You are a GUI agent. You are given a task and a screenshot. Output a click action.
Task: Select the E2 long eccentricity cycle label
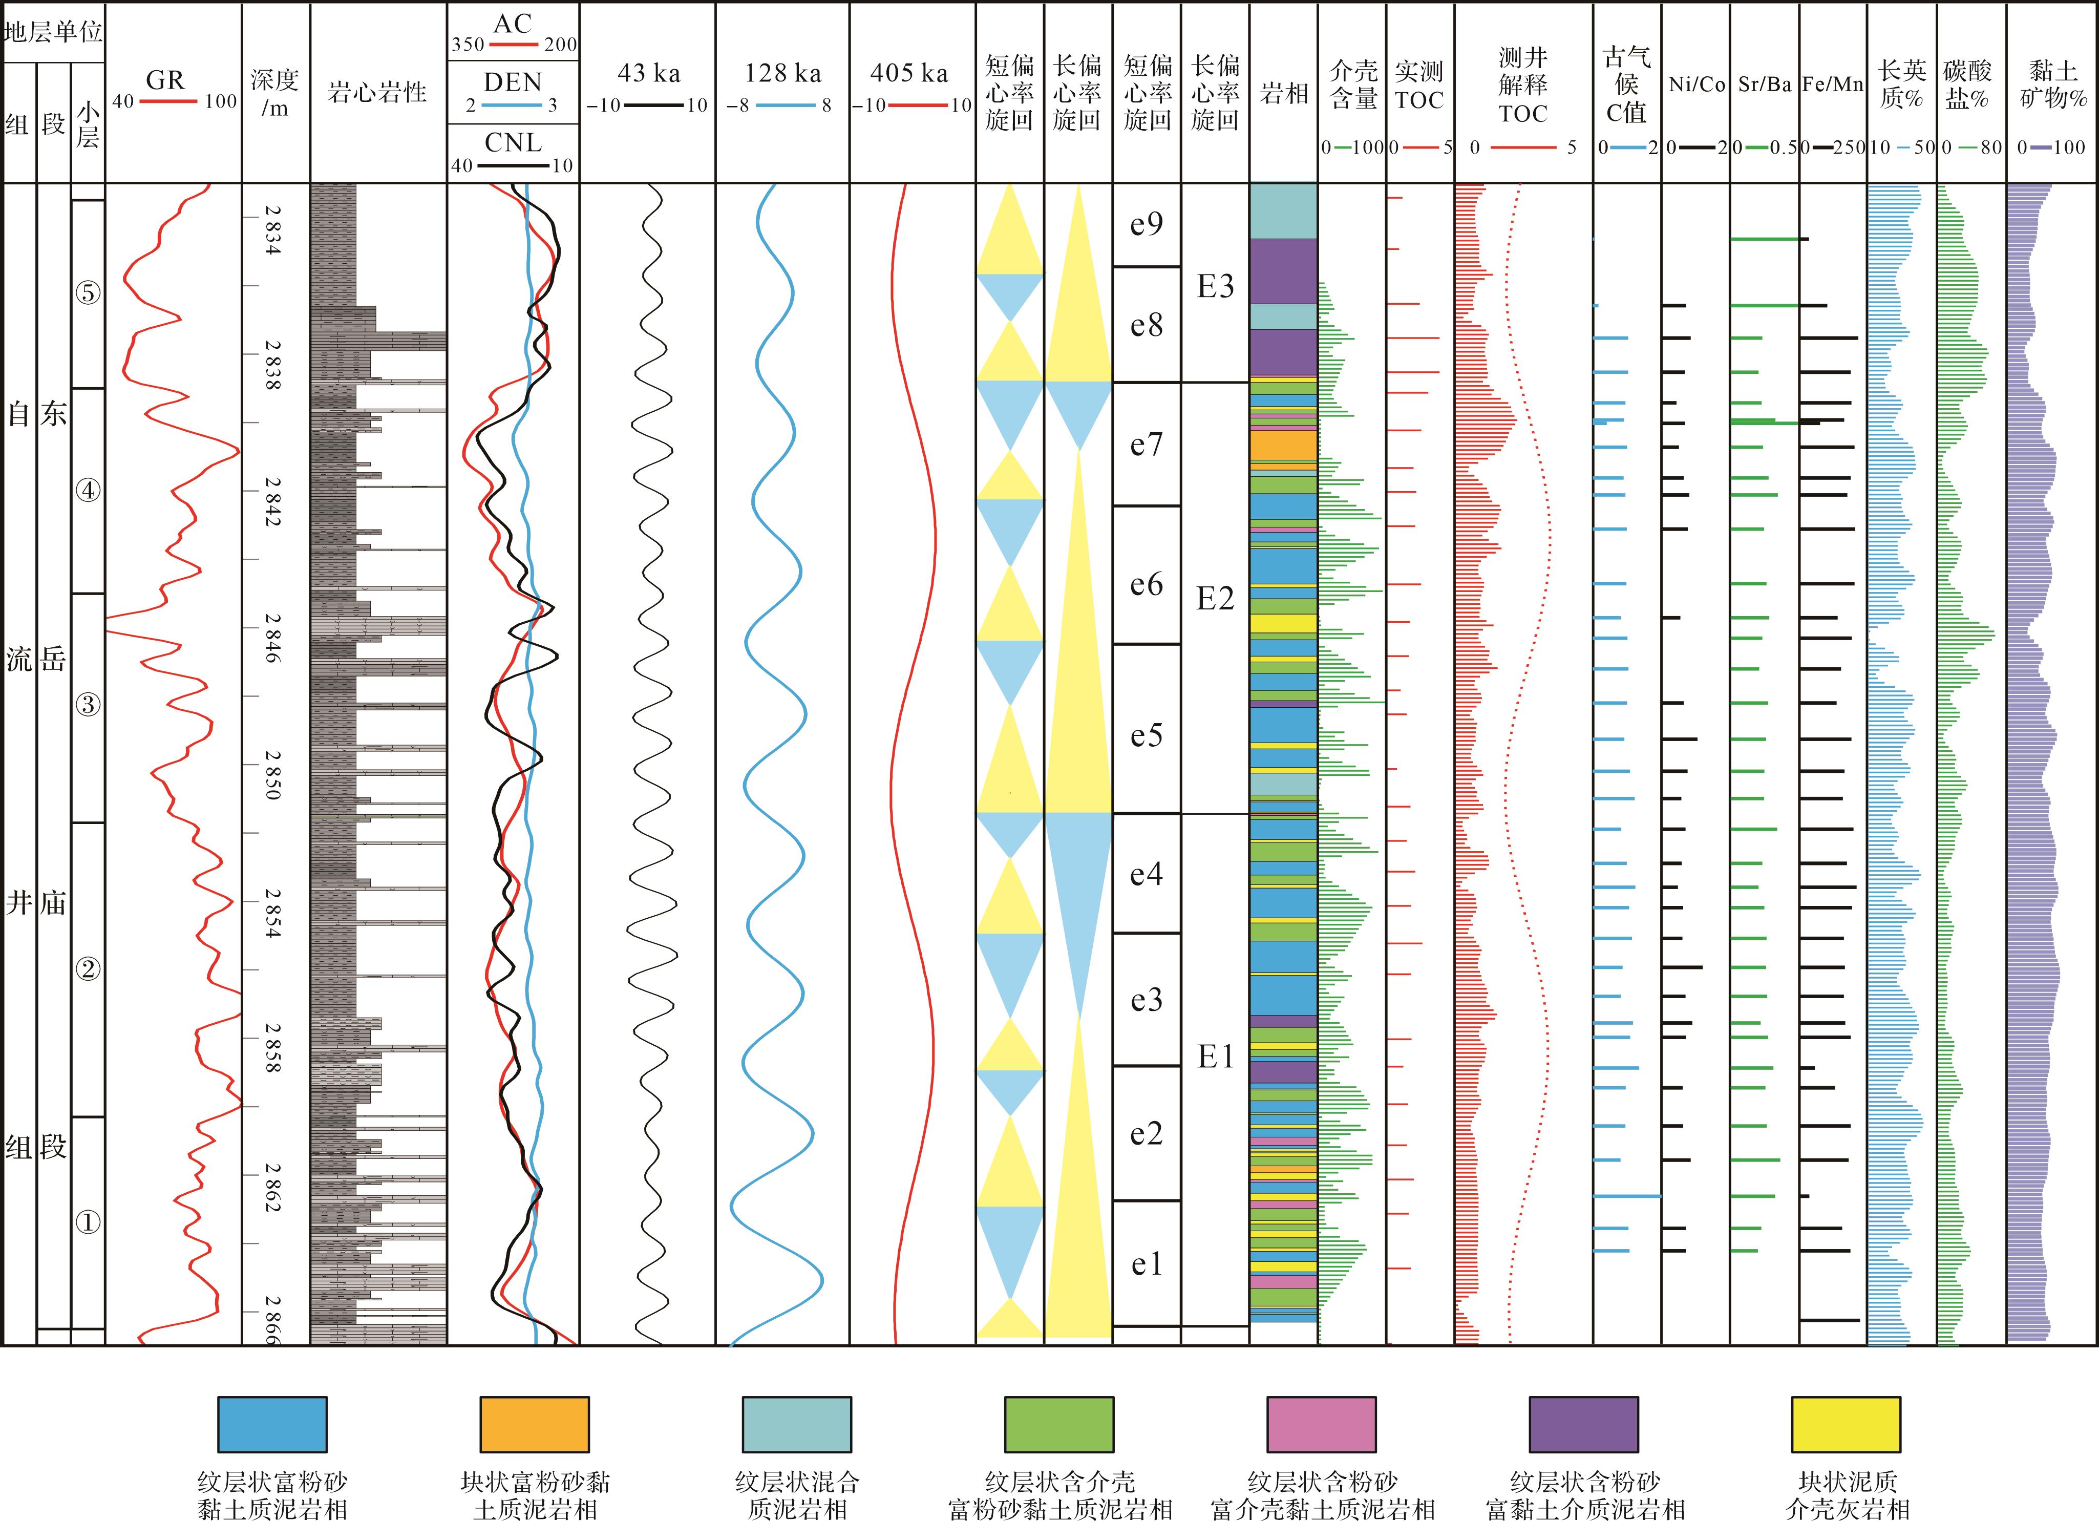pyautogui.click(x=1215, y=599)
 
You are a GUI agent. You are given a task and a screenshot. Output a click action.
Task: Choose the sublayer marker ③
pyautogui.click(x=88, y=705)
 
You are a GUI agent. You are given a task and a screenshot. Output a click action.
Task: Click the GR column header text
pyautogui.click(x=166, y=80)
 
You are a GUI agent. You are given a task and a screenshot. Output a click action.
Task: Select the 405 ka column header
pyautogui.click(x=910, y=73)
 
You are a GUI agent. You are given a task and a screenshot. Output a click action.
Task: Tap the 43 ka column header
pyautogui.click(x=649, y=73)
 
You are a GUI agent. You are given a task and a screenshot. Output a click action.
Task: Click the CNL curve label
pyautogui.click(x=514, y=142)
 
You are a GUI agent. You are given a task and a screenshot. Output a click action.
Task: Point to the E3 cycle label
pyautogui.click(x=1215, y=287)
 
